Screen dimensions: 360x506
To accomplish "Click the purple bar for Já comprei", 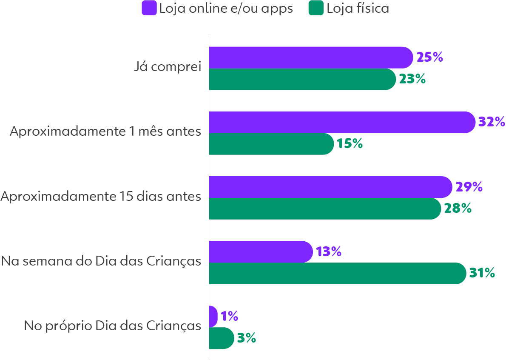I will point(310,57).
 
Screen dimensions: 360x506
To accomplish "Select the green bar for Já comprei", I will point(302,79).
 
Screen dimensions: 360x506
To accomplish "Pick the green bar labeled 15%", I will point(271,144).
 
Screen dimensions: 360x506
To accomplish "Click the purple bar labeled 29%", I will point(330,187).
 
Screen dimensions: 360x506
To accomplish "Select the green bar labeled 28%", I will point(324,209).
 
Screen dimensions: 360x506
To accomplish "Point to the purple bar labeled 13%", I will point(261,251).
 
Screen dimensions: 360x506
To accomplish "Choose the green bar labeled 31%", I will point(337,273).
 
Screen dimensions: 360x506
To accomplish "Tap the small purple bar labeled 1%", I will point(213,316).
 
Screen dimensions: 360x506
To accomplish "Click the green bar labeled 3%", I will point(221,338).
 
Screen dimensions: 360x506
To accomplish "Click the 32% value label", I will point(492,122).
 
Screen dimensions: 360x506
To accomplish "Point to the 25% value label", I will point(429,57).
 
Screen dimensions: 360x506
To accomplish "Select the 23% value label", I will point(412,79).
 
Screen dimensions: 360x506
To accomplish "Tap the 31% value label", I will point(482,273).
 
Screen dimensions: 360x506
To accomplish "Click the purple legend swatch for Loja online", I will point(149,9).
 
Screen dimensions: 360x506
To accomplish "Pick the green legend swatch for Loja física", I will point(316,9).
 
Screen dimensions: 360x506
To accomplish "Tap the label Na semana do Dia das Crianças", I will point(101,261).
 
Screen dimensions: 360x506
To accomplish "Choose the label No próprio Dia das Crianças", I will point(112,326).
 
